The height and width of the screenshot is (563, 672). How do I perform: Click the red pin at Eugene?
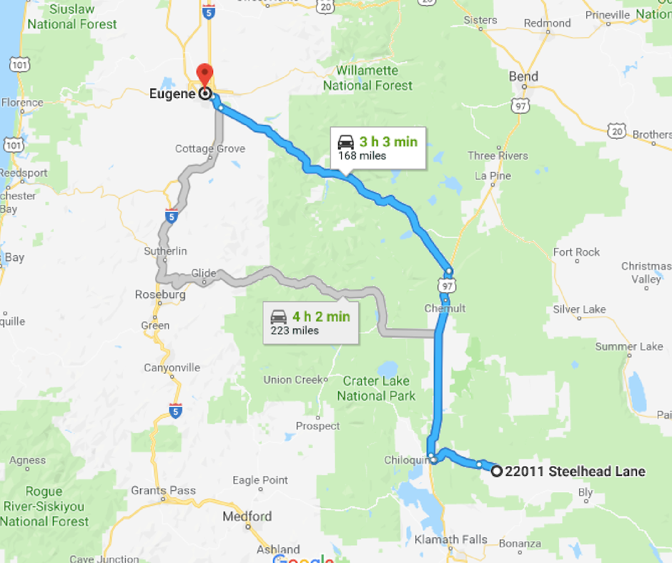(x=205, y=74)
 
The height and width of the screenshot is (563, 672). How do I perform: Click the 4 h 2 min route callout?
(x=310, y=322)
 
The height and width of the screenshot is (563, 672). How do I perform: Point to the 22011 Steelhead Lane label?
(x=575, y=471)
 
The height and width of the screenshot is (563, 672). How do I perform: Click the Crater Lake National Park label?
(x=376, y=388)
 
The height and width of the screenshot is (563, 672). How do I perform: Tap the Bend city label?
(x=523, y=76)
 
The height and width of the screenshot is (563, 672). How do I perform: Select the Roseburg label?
(x=160, y=294)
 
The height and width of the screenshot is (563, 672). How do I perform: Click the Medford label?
(x=247, y=516)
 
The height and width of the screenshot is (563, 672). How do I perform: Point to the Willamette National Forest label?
(x=367, y=79)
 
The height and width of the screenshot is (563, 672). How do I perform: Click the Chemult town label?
(x=445, y=308)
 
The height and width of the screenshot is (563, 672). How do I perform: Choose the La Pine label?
(x=491, y=175)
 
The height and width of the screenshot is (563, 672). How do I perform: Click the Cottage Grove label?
(x=210, y=149)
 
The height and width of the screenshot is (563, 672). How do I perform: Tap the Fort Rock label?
(x=576, y=252)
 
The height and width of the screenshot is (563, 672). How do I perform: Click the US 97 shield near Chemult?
(x=447, y=286)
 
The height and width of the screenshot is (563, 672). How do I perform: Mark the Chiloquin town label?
(x=406, y=460)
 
